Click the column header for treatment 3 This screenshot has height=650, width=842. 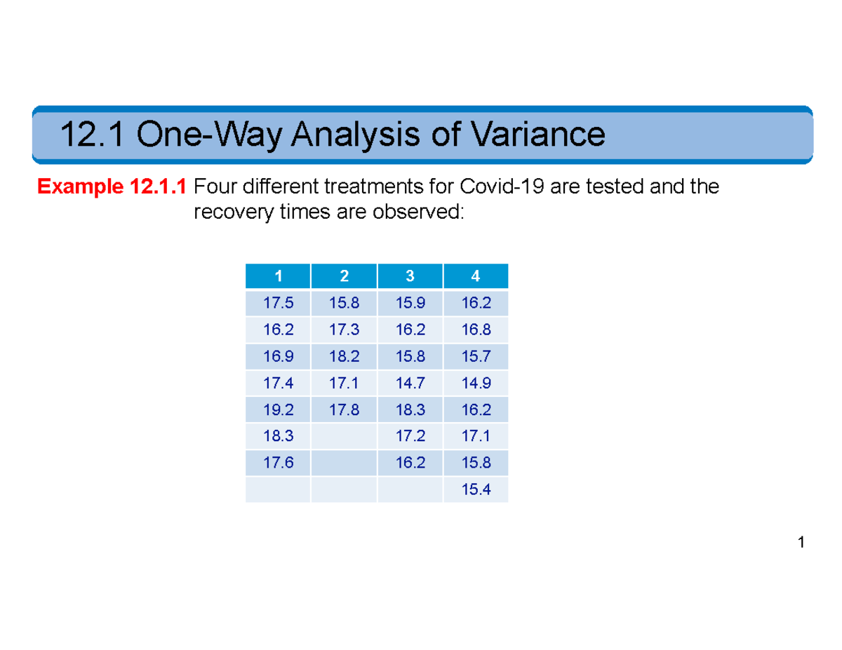(x=410, y=276)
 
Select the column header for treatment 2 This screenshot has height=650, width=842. (x=344, y=276)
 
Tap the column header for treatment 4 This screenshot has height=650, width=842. (x=476, y=276)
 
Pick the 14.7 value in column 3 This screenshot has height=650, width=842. (x=410, y=384)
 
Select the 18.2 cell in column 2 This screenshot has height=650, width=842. (x=344, y=358)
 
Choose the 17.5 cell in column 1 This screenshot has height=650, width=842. (x=277, y=304)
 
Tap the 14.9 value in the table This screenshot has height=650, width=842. (x=476, y=384)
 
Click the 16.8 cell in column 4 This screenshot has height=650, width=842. (x=476, y=331)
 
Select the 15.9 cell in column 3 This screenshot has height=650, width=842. (x=410, y=304)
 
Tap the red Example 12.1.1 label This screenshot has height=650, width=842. (x=112, y=187)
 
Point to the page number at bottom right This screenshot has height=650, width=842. (x=801, y=543)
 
